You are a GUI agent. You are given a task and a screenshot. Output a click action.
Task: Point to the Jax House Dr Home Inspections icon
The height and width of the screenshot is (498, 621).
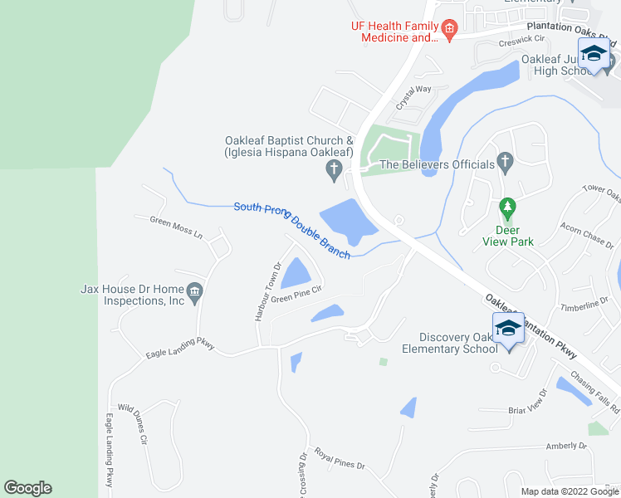point(194,292)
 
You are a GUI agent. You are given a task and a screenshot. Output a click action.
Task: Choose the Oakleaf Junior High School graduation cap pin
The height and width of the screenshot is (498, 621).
point(594,55)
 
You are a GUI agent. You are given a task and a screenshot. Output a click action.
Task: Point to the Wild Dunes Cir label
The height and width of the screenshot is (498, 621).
point(132,421)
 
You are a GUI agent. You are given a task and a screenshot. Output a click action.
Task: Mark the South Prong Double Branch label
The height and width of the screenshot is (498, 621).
point(291,230)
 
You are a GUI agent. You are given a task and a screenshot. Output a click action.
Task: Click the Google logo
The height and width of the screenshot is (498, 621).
point(27,488)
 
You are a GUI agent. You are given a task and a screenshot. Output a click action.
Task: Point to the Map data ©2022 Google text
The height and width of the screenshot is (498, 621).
point(570,491)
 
